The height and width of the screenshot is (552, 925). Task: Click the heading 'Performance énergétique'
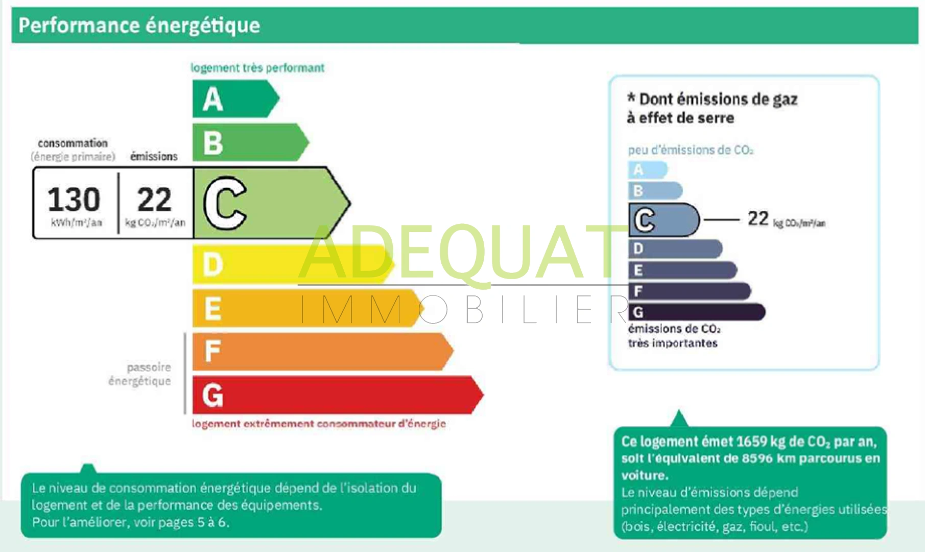click(x=139, y=26)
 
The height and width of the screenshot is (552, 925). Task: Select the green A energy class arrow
click(x=235, y=99)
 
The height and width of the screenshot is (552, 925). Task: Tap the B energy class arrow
click(x=250, y=143)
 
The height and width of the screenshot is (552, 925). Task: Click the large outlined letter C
click(x=225, y=203)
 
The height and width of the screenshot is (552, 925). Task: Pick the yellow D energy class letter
click(x=213, y=265)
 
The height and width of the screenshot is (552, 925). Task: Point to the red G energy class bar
click(x=338, y=395)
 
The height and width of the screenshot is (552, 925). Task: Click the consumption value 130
click(x=74, y=199)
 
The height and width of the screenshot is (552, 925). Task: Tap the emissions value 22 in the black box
click(x=154, y=199)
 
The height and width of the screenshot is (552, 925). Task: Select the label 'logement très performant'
click(x=257, y=68)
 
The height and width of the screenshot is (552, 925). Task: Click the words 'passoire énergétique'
click(x=139, y=374)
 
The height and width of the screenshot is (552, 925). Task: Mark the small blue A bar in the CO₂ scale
click(x=648, y=170)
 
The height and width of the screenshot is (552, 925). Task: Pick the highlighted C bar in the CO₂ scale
click(x=664, y=220)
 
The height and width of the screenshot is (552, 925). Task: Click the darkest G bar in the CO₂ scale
click(x=697, y=312)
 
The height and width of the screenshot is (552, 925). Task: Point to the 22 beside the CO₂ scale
click(x=758, y=219)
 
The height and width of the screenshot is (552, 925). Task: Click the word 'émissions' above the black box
click(x=154, y=156)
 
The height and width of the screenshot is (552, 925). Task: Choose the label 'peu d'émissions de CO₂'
click(x=691, y=150)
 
